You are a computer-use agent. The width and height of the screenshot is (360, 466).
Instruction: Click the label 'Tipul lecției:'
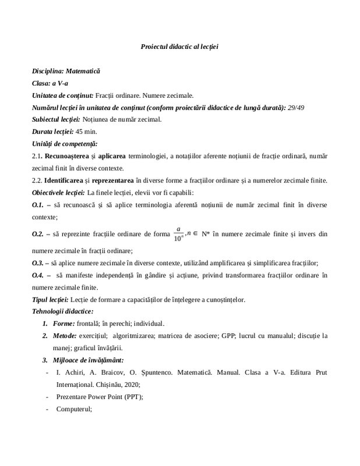coord(51,299)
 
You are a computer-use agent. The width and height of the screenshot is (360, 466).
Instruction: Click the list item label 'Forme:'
coord(63,324)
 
